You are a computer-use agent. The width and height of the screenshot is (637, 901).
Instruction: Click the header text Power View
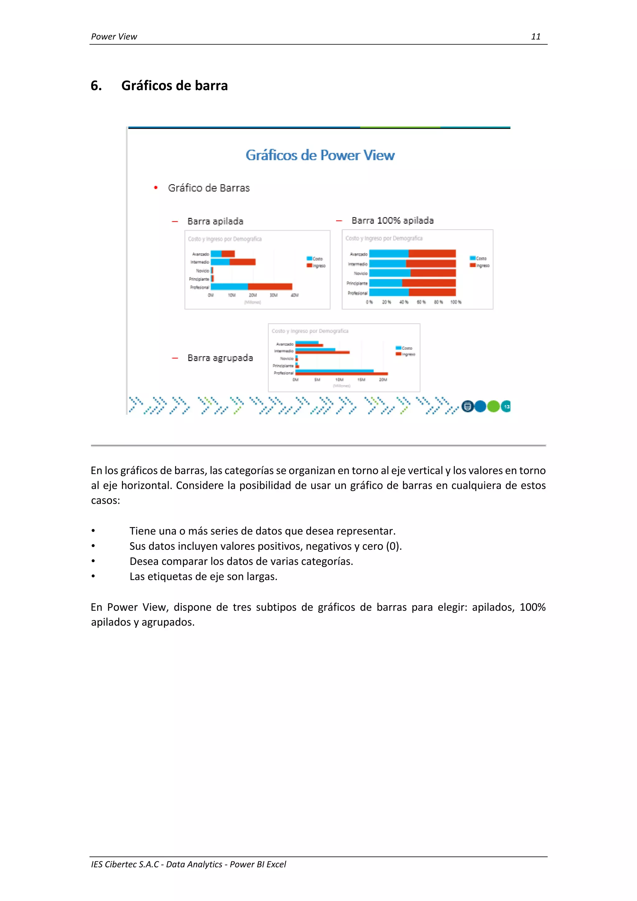[x=114, y=36]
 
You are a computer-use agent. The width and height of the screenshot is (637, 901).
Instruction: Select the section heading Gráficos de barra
[x=174, y=86]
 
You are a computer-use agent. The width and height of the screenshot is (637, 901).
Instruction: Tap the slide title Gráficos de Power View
[x=320, y=155]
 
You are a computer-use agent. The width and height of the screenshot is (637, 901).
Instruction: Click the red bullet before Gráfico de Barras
[x=156, y=188]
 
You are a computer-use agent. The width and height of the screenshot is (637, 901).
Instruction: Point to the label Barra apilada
[x=215, y=221]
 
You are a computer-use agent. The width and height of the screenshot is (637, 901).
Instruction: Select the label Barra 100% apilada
[x=392, y=221]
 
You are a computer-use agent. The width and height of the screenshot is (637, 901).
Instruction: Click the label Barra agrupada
[x=220, y=358]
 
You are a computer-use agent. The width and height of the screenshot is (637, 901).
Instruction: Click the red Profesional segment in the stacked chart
[x=270, y=287]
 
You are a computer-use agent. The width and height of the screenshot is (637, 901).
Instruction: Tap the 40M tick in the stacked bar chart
[x=295, y=295]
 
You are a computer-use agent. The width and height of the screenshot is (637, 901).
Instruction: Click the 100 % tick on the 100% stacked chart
[x=456, y=302]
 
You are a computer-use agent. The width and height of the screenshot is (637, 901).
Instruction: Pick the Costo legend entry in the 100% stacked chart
[x=479, y=258]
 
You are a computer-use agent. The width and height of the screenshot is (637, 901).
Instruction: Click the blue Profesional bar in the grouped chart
[x=334, y=371]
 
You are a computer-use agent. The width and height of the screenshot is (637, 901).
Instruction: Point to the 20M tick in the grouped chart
[x=383, y=380]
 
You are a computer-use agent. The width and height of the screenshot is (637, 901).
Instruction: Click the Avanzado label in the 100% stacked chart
[x=359, y=254]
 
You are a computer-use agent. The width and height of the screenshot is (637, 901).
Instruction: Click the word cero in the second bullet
[x=373, y=546]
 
